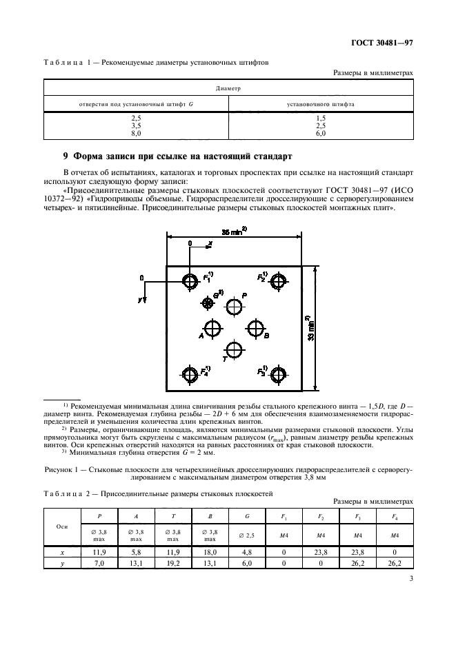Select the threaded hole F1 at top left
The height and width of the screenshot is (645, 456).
[190, 280]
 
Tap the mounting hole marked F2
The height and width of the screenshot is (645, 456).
[279, 280]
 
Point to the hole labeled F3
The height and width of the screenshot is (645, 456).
[279, 374]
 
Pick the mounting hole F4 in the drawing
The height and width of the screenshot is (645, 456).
[190, 374]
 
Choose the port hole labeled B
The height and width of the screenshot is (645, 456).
[256, 327]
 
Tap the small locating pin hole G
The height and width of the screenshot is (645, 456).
[207, 303]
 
